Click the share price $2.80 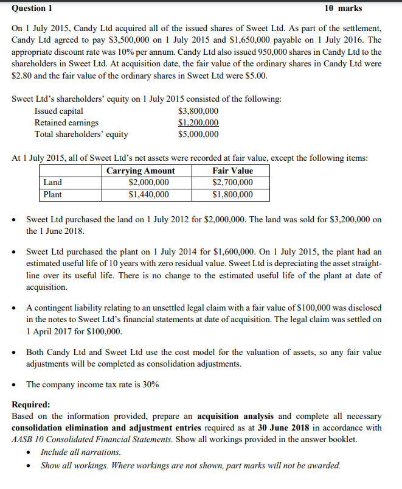point(23,76)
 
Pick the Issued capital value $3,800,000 point(198,111)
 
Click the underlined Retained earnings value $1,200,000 point(198,122)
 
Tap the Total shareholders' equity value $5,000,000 point(198,134)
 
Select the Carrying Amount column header point(140,171)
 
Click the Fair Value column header point(232,171)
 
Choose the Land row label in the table point(52,183)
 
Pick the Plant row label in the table point(53,195)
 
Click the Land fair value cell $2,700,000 point(232,183)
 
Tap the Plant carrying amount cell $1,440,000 point(149,195)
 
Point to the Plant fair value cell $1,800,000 point(232,195)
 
